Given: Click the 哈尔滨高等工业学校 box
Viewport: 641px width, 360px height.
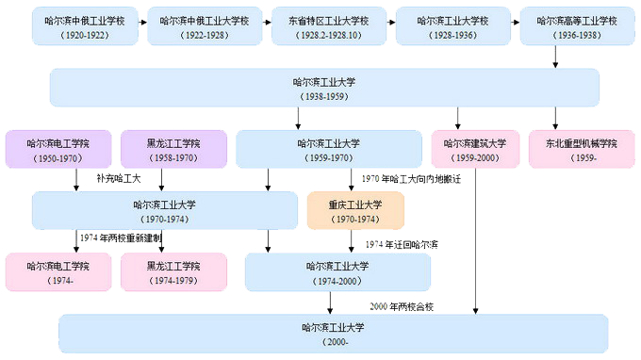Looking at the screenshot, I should [570, 25].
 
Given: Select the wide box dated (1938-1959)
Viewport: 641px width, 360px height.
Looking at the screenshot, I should [324, 89].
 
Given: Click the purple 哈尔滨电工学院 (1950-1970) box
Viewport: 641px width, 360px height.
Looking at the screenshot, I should [58, 149].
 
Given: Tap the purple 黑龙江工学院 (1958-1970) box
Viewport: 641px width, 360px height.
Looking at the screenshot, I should [173, 149].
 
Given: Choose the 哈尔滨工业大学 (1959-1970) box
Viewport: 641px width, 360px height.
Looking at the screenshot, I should [327, 149].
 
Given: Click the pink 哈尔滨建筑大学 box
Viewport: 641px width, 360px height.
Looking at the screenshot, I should [475, 149].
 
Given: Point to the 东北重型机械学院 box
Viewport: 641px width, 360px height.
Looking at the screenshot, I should [581, 149].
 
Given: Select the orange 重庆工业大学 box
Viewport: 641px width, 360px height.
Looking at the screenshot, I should [355, 210].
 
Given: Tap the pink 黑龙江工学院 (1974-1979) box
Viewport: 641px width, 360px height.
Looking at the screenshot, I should [173, 271].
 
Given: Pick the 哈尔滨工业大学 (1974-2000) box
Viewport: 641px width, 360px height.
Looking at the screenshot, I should [337, 271].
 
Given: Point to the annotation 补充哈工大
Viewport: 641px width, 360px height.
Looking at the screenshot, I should [118, 178].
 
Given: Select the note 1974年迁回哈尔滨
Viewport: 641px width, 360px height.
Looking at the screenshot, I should [401, 244].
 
